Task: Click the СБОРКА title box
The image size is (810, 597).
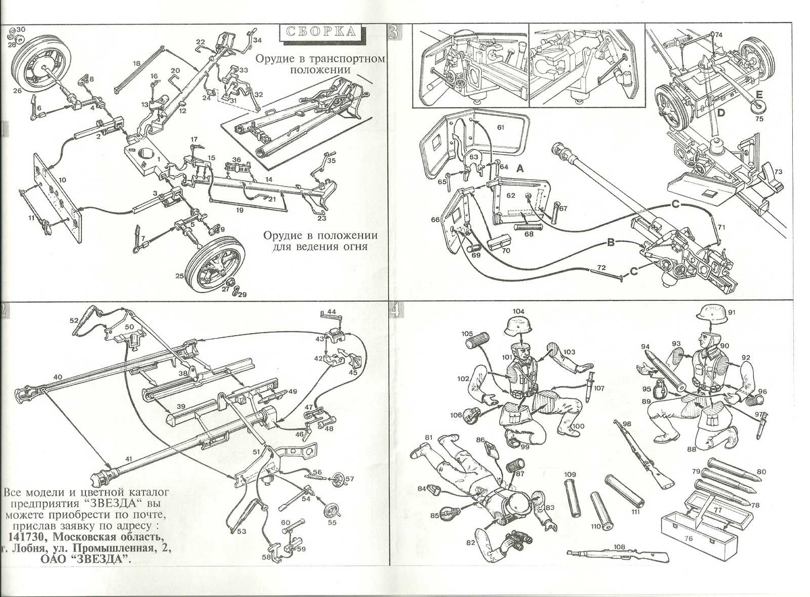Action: tap(321, 31)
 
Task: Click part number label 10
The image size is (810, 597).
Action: tap(62, 180)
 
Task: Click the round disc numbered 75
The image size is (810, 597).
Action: tap(758, 108)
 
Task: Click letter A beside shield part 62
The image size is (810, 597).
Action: tap(520, 171)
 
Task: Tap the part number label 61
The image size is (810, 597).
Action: tap(501, 128)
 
